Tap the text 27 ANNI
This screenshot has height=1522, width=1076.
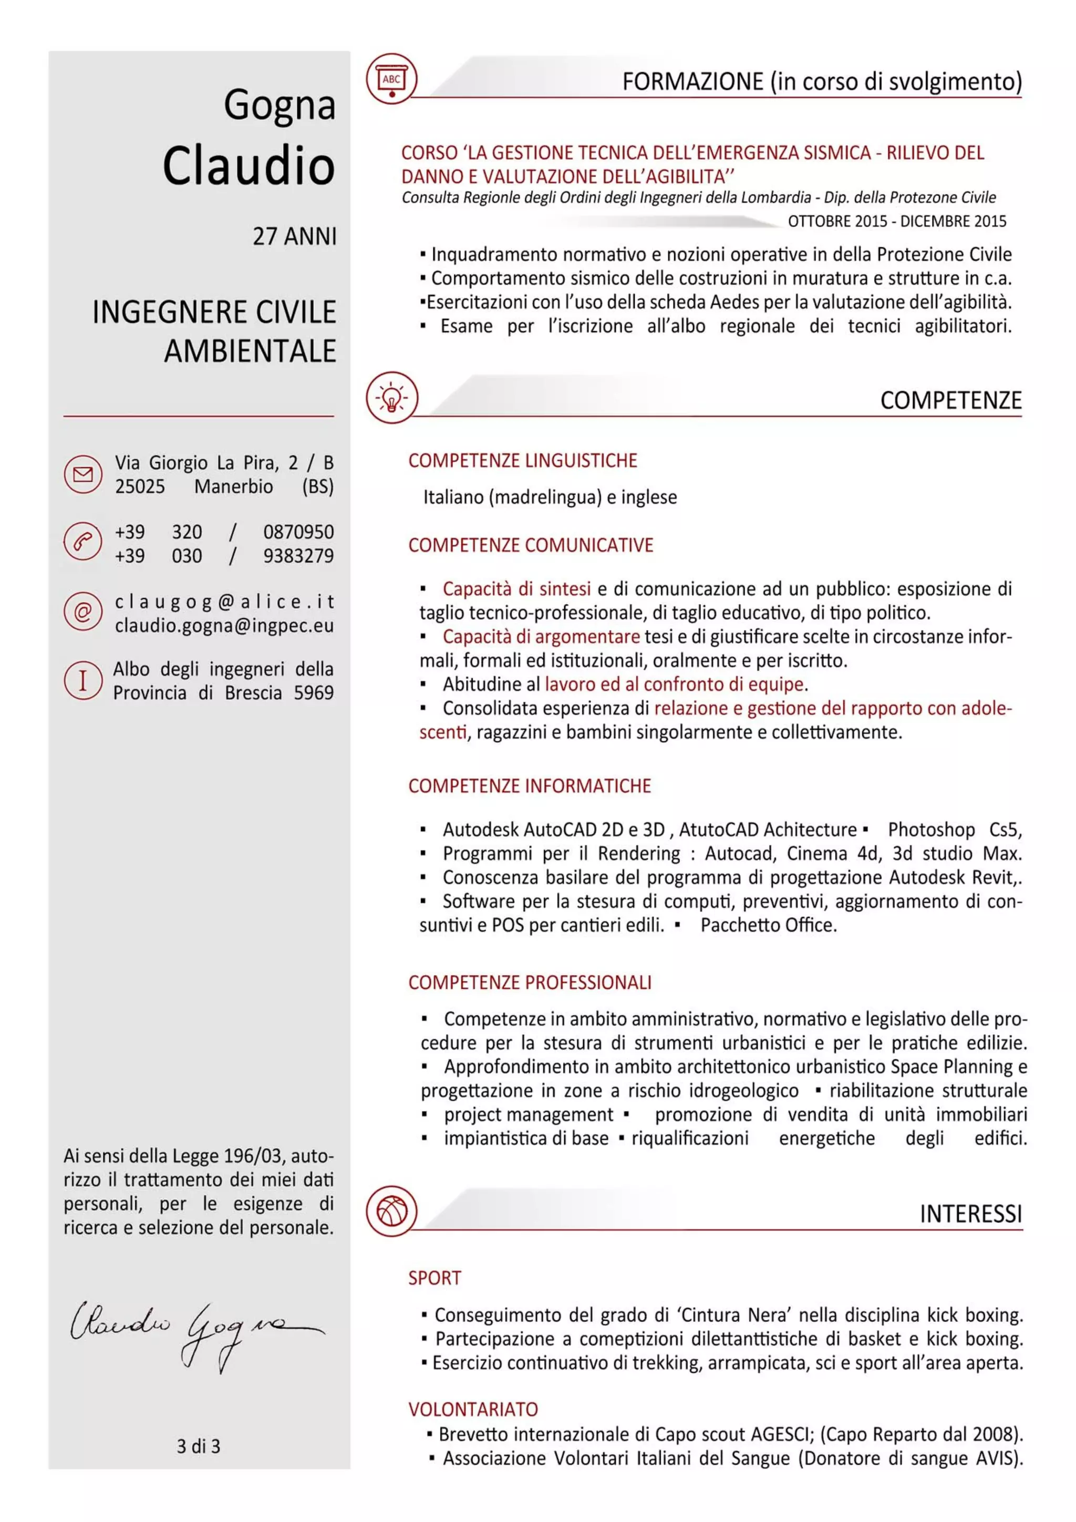click(x=294, y=236)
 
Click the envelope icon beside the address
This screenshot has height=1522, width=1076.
click(x=83, y=474)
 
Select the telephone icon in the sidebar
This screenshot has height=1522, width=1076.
click(x=83, y=541)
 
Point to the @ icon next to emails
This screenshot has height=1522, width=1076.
click(x=83, y=611)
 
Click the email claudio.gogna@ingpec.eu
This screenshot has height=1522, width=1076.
click(x=224, y=625)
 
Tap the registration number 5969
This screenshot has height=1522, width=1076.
click(x=314, y=693)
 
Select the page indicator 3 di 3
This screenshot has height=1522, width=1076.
click(x=198, y=1446)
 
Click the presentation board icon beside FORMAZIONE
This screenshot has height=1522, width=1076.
click(x=392, y=79)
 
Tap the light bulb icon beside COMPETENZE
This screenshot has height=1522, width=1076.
click(x=392, y=398)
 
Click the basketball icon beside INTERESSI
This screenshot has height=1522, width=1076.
click(x=392, y=1212)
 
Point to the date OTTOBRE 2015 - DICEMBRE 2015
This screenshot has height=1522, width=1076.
click(x=896, y=221)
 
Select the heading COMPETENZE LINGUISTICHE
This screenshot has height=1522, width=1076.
click(x=522, y=461)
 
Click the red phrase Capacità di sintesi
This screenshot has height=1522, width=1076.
click(x=516, y=588)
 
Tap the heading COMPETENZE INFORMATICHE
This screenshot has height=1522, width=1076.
click(x=529, y=785)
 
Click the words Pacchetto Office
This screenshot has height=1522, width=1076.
click(x=768, y=925)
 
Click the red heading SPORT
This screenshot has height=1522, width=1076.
click(x=434, y=1278)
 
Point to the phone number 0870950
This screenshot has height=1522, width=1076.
click(x=298, y=532)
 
